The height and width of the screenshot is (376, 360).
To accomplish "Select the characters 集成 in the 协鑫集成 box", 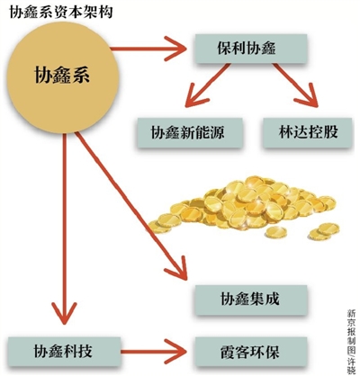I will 256,299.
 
